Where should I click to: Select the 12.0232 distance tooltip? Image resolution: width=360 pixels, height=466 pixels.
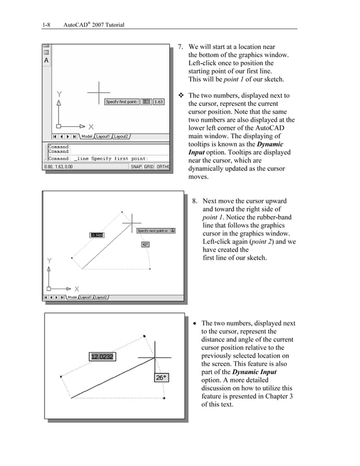(x=102, y=357)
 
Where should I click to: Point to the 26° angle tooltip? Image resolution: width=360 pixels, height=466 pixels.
(x=161, y=377)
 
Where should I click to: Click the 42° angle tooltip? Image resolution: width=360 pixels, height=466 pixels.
(x=145, y=244)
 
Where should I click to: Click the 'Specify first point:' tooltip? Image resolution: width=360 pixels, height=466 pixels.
(x=122, y=102)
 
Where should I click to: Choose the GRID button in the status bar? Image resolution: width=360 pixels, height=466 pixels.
(x=148, y=166)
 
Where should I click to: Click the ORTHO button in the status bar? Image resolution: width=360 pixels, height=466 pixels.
(x=163, y=166)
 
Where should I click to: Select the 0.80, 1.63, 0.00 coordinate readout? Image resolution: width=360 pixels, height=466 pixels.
(x=59, y=166)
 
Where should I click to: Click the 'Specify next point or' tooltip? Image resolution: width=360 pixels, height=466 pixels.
(x=153, y=231)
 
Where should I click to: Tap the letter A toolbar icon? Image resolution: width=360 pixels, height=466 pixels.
(x=46, y=60)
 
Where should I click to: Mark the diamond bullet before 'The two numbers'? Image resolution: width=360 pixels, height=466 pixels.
(x=181, y=96)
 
